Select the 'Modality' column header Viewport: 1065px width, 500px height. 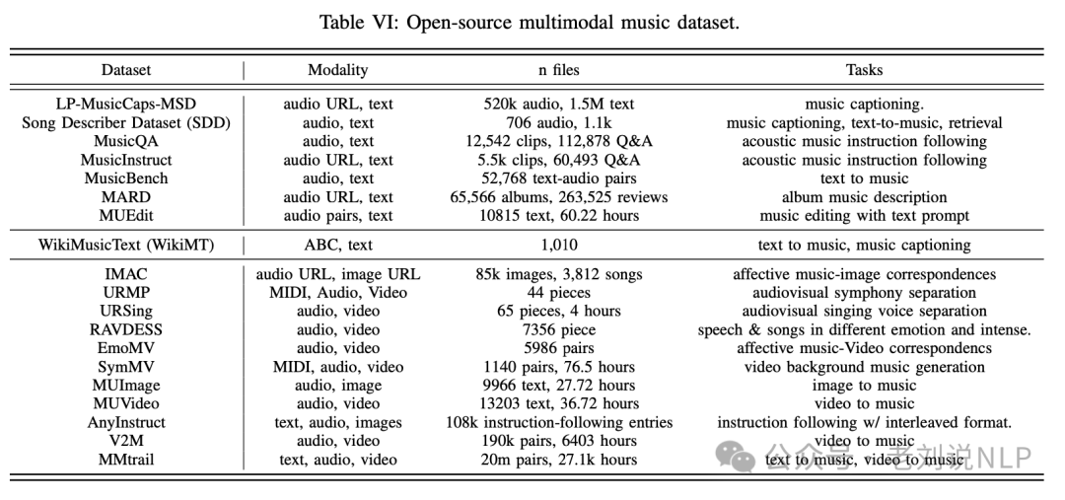pyautogui.click(x=337, y=70)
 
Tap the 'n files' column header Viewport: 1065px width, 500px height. pyautogui.click(x=558, y=70)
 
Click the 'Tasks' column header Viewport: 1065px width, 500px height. pyautogui.click(x=864, y=70)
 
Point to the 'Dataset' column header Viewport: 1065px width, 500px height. pyautogui.click(x=125, y=70)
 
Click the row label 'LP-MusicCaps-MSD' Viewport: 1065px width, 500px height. pyautogui.click(x=125, y=104)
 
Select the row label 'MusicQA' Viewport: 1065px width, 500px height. pyautogui.click(x=125, y=141)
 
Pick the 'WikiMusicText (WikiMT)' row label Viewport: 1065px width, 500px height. pyautogui.click(x=125, y=245)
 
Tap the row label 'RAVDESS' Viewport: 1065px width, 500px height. pyautogui.click(x=125, y=329)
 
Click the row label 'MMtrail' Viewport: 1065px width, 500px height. pyautogui.click(x=125, y=460)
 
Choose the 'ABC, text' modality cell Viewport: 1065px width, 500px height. pyautogui.click(x=337, y=245)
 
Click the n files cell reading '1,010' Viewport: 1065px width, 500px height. pyautogui.click(x=558, y=245)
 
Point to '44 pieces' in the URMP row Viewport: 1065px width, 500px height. pyautogui.click(x=558, y=293)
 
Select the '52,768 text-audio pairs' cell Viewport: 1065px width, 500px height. pyautogui.click(x=558, y=179)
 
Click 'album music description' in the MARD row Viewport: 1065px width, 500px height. pyautogui.click(x=864, y=197)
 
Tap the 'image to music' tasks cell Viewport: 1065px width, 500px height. pyautogui.click(x=864, y=386)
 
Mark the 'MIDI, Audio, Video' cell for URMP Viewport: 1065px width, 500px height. pyautogui.click(x=337, y=293)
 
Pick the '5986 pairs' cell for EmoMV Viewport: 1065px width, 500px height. pyautogui.click(x=558, y=348)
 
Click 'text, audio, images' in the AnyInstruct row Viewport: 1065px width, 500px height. pyautogui.click(x=337, y=422)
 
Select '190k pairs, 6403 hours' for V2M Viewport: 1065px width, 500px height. pyautogui.click(x=558, y=441)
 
